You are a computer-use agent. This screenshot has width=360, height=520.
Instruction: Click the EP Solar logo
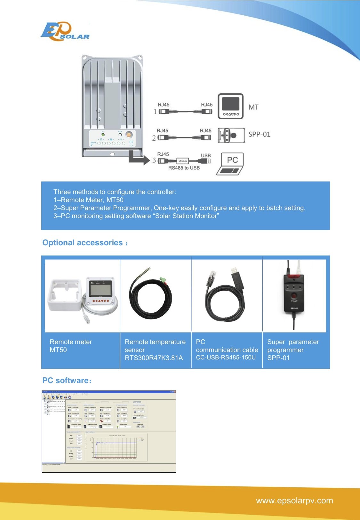click(65, 32)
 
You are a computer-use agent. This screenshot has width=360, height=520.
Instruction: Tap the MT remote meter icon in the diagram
click(230, 106)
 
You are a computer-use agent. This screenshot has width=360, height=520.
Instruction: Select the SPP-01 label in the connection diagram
click(259, 134)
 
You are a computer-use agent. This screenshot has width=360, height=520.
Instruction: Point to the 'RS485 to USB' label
click(184, 168)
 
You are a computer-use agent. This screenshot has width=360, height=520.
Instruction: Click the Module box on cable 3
click(183, 161)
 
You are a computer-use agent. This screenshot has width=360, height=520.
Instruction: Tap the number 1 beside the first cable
click(155, 112)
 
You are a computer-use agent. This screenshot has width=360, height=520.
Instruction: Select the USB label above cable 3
click(206, 155)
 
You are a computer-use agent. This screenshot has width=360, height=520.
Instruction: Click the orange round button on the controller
click(129, 135)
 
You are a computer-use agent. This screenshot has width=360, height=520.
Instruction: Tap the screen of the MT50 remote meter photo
click(100, 290)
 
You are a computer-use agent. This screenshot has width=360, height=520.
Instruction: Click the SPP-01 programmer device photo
click(293, 293)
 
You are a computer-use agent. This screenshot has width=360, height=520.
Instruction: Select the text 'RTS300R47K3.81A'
click(154, 358)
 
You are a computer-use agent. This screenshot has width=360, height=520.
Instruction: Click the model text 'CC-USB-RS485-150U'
click(226, 358)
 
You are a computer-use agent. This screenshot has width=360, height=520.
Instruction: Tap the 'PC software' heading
click(67, 381)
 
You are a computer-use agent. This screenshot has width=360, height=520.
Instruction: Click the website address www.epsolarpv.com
click(294, 500)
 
